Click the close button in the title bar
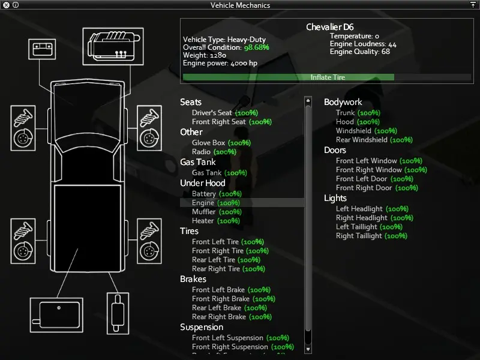(x=6, y=5)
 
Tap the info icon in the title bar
(x=16, y=5)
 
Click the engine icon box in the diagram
(x=113, y=46)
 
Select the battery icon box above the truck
(x=42, y=49)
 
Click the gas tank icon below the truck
(x=56, y=315)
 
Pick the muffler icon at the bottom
(x=118, y=313)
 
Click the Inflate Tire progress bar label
(x=328, y=77)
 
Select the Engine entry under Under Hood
(x=216, y=203)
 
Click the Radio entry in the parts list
(x=214, y=152)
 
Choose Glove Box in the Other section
(x=221, y=143)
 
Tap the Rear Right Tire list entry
(x=229, y=269)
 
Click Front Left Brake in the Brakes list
(x=231, y=290)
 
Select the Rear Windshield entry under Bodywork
(x=374, y=140)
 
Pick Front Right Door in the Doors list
(x=377, y=188)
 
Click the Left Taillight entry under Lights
(x=369, y=227)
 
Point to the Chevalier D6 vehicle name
(x=329, y=27)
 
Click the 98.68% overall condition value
(x=257, y=47)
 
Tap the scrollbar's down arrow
(x=308, y=349)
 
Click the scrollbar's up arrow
(x=308, y=100)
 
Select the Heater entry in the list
(x=216, y=221)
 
